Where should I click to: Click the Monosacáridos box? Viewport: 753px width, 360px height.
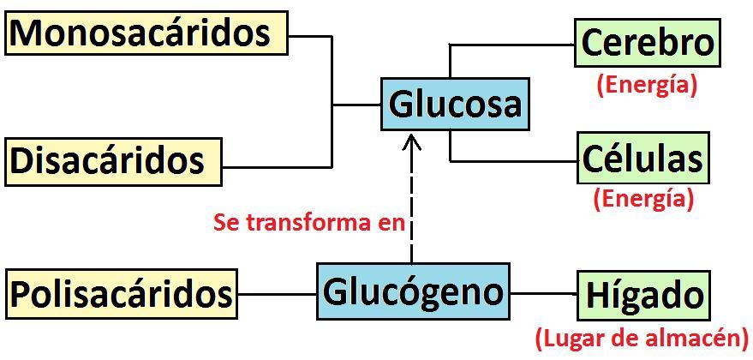click(x=146, y=33)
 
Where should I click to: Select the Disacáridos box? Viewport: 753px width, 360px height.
click(x=113, y=160)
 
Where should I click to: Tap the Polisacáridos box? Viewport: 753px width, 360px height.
click(x=121, y=294)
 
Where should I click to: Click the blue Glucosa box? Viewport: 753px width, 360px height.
click(x=454, y=105)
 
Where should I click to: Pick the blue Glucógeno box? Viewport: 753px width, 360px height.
click(x=413, y=291)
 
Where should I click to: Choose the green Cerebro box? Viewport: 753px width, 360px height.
click(x=647, y=43)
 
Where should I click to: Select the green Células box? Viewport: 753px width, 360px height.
click(x=642, y=159)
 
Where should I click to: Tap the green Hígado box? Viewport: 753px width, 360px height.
click(x=643, y=296)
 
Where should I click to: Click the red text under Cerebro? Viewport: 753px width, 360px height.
click(x=647, y=84)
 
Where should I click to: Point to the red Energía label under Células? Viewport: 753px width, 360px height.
click(x=642, y=199)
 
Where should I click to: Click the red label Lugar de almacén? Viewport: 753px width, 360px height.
click(x=642, y=338)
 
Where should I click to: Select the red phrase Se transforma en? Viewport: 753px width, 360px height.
click(x=308, y=223)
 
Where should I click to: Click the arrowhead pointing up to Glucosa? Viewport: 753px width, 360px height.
click(x=412, y=141)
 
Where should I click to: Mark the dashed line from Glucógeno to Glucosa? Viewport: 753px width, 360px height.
click(x=412, y=206)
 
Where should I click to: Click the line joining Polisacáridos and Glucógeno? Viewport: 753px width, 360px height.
click(x=277, y=294)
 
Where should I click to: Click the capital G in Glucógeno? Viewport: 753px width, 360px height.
click(x=337, y=291)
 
